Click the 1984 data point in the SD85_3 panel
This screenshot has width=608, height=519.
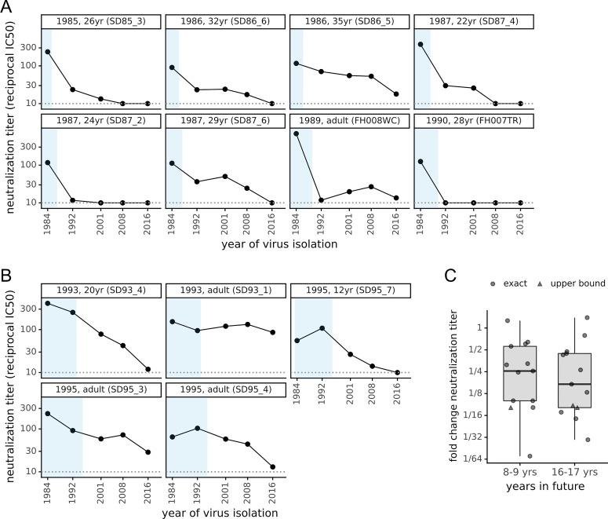[48, 52]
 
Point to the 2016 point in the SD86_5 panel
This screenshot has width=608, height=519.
[395, 94]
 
